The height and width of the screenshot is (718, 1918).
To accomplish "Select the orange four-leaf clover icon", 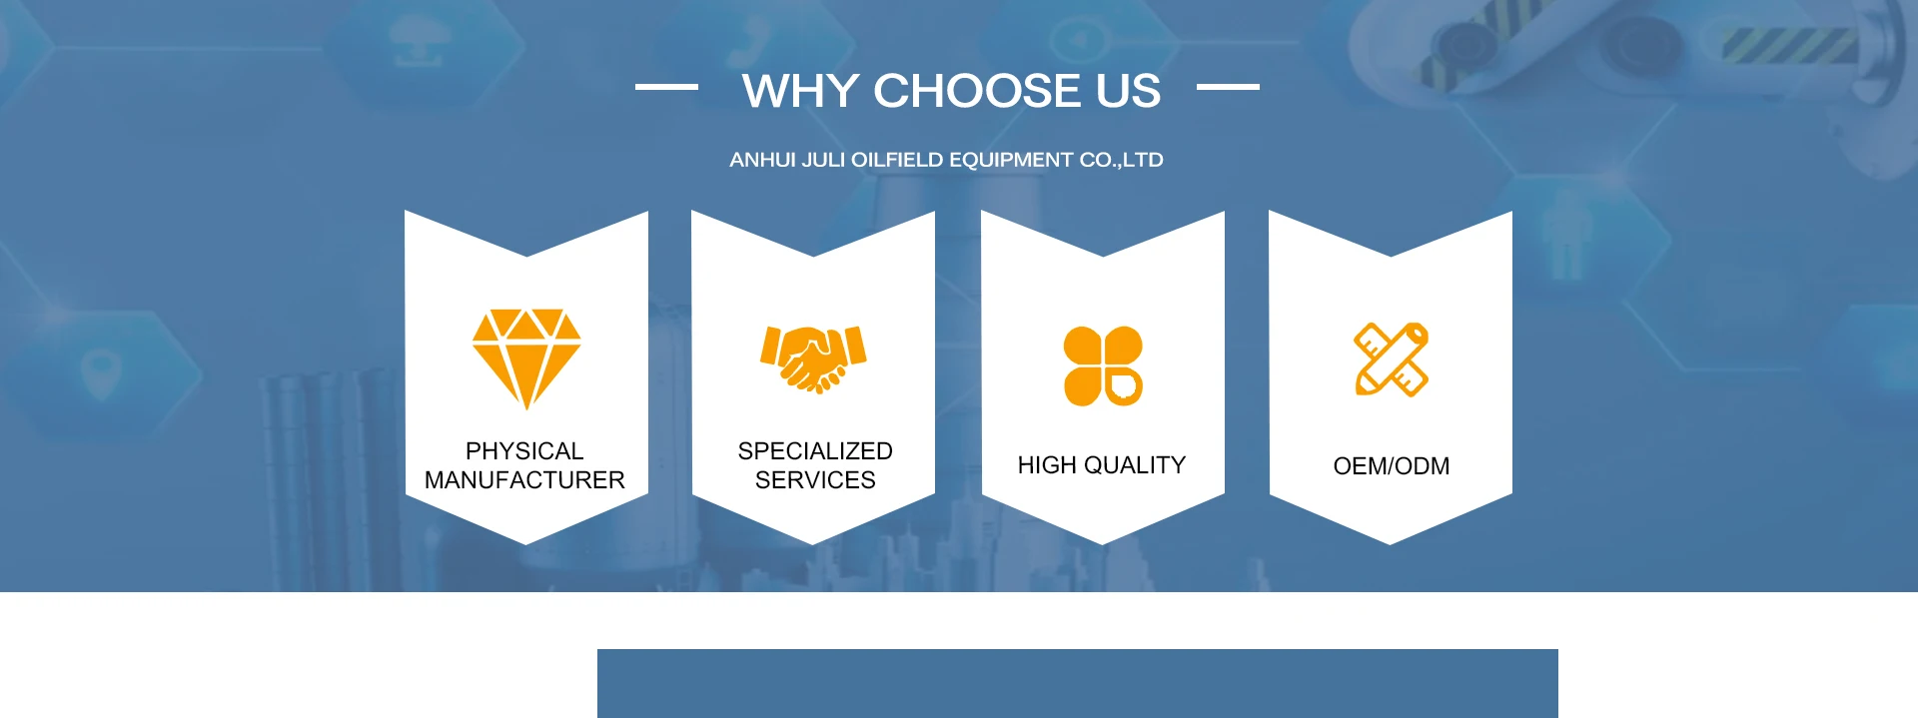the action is (1103, 366).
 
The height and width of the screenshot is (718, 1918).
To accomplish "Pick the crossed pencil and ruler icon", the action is (1392, 359).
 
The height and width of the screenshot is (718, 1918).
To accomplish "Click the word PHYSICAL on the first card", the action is (524, 451).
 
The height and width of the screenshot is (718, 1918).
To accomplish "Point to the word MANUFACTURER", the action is (524, 480).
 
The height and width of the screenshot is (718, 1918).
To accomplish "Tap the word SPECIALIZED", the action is (815, 451).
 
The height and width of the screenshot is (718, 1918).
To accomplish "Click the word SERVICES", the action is (815, 480).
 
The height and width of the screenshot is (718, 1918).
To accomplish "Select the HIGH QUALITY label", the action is (1102, 465).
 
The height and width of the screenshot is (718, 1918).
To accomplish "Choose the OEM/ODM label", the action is (1392, 466).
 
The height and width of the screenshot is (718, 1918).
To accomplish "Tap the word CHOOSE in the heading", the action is (977, 91).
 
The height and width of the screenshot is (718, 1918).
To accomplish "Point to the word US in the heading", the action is (1129, 91).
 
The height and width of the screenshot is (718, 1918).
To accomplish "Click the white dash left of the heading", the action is (666, 87).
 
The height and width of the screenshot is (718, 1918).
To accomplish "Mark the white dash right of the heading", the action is (1228, 87).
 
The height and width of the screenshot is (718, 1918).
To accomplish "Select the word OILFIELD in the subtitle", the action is (897, 160).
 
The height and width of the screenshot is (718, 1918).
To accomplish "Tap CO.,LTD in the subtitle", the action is (1122, 160).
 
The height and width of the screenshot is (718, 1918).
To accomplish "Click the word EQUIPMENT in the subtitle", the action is (1012, 160).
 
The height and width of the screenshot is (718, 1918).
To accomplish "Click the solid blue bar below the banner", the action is (1078, 683).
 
